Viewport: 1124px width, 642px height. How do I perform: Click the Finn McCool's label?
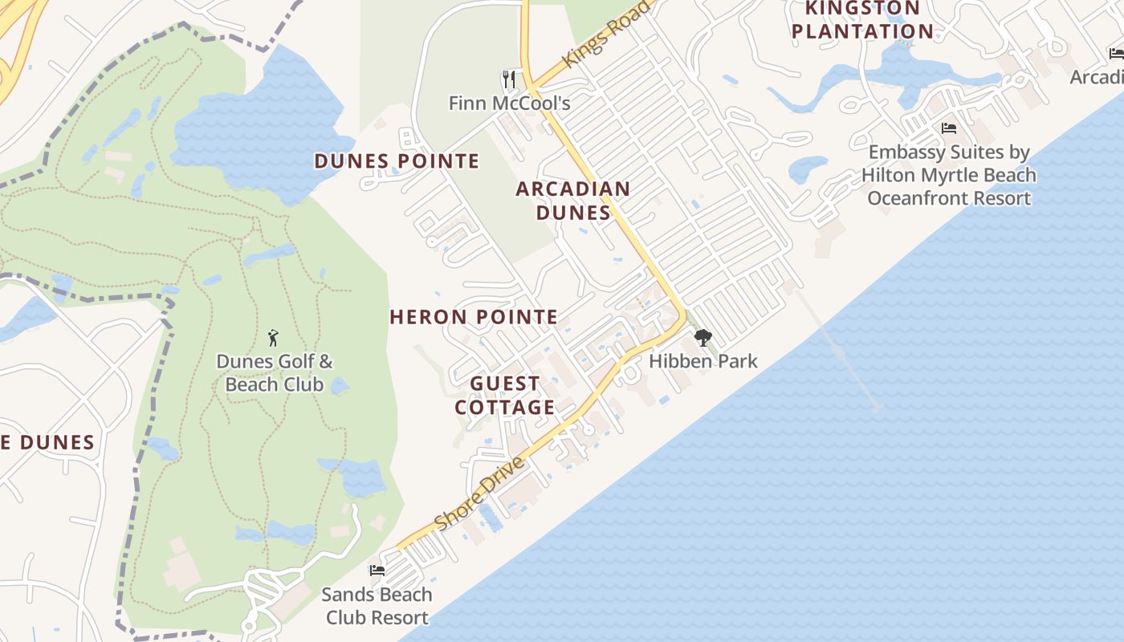coord(509,103)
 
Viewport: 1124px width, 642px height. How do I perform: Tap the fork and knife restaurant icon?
coord(508,79)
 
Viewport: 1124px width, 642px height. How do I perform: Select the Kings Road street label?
coord(606,35)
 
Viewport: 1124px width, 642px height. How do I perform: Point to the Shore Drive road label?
coord(479,494)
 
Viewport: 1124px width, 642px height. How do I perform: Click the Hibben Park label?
coord(702,361)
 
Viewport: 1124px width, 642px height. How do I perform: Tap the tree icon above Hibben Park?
coord(702,337)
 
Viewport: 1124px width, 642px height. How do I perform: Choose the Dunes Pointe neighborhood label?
coord(397,161)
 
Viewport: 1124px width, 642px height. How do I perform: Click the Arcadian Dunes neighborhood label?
coord(572,201)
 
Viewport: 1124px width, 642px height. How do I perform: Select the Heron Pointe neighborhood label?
coord(474,317)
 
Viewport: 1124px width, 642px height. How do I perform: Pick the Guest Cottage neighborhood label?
coord(505,396)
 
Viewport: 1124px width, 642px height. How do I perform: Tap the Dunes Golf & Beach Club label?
coord(274,373)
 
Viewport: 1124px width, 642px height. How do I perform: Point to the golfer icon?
coord(273,336)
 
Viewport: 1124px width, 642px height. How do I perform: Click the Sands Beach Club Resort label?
coord(377,606)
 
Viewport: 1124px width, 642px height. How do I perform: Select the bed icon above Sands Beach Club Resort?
coord(377,571)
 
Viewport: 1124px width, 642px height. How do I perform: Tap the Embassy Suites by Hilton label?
coord(948,175)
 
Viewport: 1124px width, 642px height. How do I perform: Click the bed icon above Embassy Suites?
coord(948,128)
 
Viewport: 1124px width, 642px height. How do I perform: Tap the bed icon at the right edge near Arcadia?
coord(1115,54)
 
